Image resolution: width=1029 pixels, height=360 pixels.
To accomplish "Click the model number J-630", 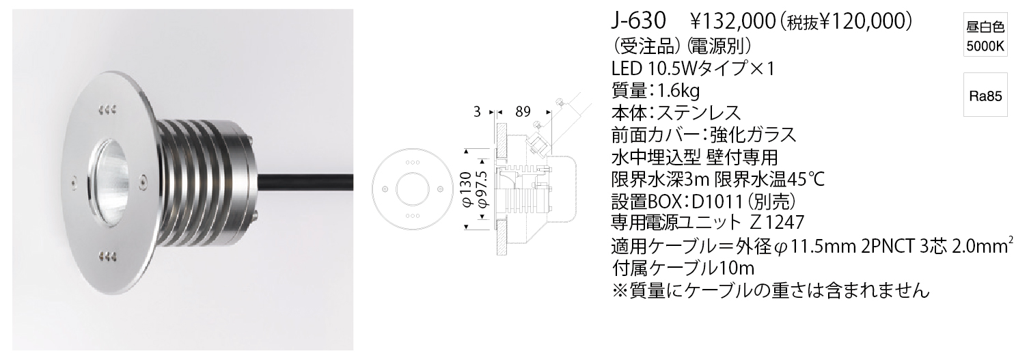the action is (x=639, y=21).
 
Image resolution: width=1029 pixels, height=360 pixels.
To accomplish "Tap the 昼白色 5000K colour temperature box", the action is (x=985, y=37).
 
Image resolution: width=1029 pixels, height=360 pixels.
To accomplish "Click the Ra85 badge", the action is (x=985, y=96).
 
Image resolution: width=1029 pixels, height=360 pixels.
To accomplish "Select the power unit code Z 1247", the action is (x=777, y=223).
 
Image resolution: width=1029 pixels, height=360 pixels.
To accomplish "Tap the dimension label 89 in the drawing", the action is (x=523, y=111).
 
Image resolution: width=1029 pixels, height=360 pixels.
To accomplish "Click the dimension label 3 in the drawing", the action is (x=477, y=111).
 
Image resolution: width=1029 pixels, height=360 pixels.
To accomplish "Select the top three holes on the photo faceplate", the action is (x=107, y=110).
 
